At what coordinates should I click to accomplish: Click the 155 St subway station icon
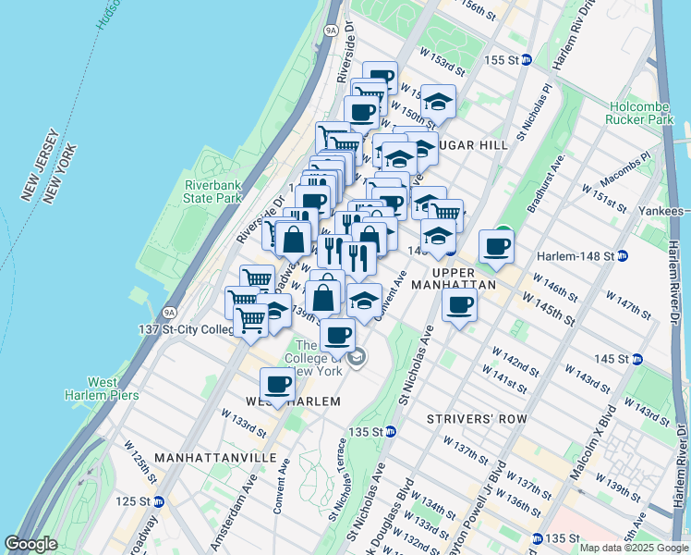(527, 60)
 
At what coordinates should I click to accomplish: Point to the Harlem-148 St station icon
(623, 255)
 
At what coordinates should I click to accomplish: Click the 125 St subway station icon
(158, 501)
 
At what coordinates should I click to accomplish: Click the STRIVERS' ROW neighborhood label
(477, 419)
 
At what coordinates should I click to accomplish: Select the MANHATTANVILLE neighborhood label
(216, 458)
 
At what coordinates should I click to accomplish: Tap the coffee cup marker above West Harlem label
(276, 382)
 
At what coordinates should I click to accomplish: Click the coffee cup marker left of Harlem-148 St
(497, 246)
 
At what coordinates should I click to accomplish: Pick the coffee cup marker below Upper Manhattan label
(459, 305)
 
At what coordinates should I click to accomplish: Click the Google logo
(31, 544)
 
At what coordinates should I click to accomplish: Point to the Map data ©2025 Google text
(634, 548)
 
